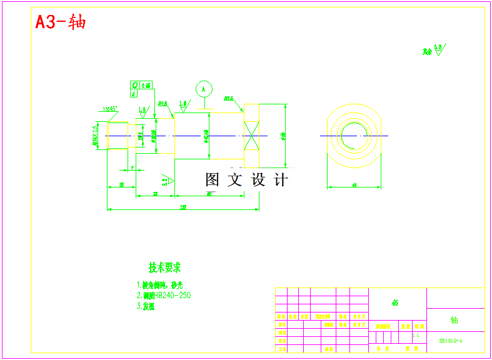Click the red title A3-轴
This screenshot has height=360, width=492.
[x=60, y=22]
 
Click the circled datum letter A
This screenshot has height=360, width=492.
[x=203, y=89]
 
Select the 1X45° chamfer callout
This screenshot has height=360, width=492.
[x=110, y=109]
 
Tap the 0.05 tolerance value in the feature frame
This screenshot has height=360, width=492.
[x=146, y=86]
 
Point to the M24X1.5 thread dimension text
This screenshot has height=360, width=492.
[x=95, y=135]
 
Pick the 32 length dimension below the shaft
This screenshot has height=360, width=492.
[x=154, y=194]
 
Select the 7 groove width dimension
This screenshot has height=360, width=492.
[x=132, y=168]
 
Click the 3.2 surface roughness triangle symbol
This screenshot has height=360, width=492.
[x=167, y=181]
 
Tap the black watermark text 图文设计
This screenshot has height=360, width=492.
[x=247, y=180]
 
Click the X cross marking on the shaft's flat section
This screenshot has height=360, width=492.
[x=251, y=136]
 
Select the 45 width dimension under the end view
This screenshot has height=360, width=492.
[x=354, y=185]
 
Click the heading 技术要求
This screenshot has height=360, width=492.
[x=164, y=267]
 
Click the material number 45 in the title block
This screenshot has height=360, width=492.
[x=395, y=303]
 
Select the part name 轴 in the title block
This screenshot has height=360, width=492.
[x=454, y=320]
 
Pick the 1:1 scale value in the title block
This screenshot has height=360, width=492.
[x=416, y=336]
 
